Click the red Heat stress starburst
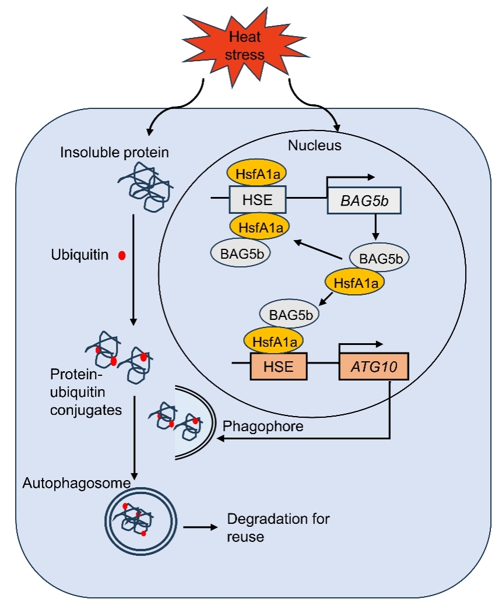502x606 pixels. pyautogui.click(x=245, y=47)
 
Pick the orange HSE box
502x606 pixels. pyautogui.click(x=279, y=367)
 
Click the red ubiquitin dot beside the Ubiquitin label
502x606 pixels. pyautogui.click(x=122, y=255)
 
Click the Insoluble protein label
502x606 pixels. pyautogui.click(x=114, y=153)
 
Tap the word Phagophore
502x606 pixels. pyautogui.click(x=263, y=426)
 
